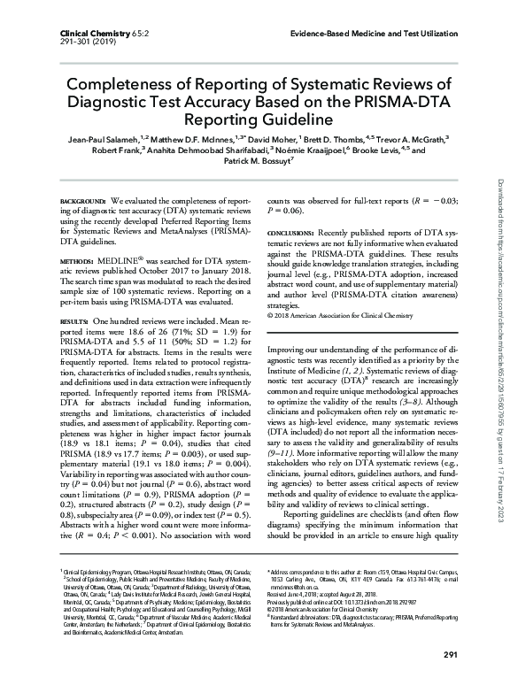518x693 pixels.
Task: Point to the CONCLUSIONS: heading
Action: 290,231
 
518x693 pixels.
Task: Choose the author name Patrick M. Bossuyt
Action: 258,164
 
